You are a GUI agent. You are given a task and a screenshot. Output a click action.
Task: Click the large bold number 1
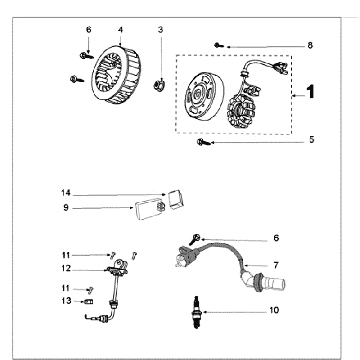pos(310,92)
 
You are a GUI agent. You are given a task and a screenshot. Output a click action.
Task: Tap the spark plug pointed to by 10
pos(197,312)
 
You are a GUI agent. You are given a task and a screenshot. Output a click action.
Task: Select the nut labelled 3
pos(159,85)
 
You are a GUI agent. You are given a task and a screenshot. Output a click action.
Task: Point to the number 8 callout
pos(310,45)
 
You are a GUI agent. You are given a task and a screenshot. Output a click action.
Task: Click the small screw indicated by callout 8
pos(219,45)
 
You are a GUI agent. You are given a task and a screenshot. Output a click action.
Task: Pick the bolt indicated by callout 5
pos(204,142)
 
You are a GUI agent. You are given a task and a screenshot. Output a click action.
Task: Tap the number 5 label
pos(311,140)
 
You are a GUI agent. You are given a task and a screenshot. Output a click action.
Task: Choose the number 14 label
pos(66,193)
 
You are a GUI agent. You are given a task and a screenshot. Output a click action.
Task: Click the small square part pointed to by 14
pos(175,199)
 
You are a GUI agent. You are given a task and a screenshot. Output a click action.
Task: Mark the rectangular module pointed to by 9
pos(150,209)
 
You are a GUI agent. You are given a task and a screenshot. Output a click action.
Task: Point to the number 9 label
pos(66,208)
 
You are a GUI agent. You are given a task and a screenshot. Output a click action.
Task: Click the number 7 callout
pos(276,265)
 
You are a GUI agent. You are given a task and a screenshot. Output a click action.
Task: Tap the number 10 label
pos(274,310)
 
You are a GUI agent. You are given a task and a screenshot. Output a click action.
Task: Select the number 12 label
pos(66,268)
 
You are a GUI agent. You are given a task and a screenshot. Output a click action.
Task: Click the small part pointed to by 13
pos(88,302)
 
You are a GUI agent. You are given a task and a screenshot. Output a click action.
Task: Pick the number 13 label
pos(66,301)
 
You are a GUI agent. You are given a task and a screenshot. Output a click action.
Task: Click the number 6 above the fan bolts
pos(88,30)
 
